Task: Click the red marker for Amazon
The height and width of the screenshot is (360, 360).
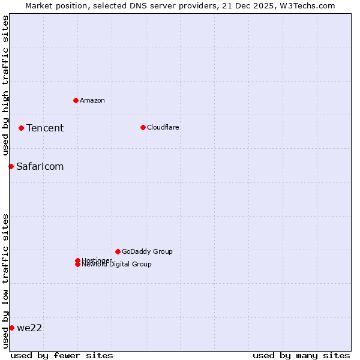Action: [76, 100]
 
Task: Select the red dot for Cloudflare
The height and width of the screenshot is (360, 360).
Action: [143, 127]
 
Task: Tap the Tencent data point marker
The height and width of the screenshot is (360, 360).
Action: [21, 128]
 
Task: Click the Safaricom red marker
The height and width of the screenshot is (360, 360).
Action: [11, 166]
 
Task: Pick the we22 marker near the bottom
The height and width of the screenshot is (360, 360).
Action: [11, 328]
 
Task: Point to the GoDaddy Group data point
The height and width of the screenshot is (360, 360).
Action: [118, 251]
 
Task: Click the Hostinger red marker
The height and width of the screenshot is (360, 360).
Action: [77, 260]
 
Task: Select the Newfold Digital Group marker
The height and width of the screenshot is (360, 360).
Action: [77, 265]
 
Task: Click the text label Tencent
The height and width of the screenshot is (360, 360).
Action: [45, 128]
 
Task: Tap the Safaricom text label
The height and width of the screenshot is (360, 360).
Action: [40, 166]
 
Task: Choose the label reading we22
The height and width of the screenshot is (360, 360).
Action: [29, 328]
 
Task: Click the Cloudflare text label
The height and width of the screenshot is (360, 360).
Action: [163, 127]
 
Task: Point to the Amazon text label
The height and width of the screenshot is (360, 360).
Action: [92, 100]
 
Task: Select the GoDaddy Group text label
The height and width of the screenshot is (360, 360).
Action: [147, 251]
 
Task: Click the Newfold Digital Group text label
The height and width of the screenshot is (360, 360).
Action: [118, 265]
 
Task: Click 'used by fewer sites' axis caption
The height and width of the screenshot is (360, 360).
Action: [62, 355]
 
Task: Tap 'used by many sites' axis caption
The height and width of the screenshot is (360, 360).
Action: [301, 355]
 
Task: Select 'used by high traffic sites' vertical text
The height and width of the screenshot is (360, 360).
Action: [5, 86]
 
